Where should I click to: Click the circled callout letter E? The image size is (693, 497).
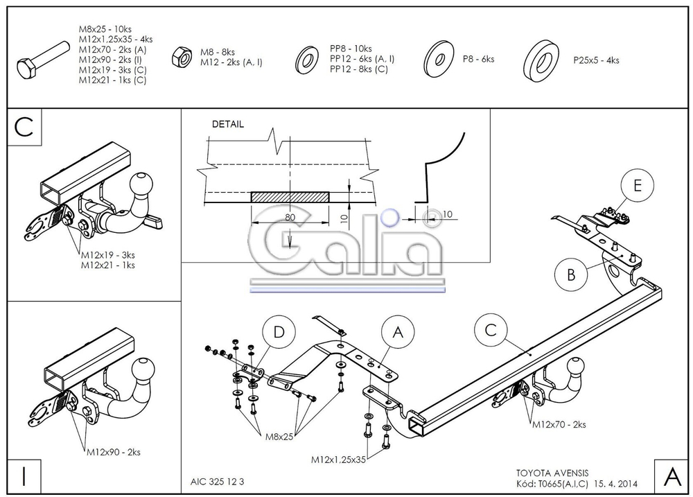[637, 185]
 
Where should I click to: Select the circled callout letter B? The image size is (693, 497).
[571, 274]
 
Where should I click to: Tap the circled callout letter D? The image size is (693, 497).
[279, 332]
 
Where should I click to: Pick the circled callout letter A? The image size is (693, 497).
[398, 332]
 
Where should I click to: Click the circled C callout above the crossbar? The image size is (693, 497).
[491, 331]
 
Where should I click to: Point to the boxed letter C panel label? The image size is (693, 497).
[24, 127]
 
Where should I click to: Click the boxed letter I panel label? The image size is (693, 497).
[24, 476]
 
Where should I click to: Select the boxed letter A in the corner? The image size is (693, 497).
[672, 476]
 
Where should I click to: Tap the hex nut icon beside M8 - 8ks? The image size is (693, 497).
[182, 57]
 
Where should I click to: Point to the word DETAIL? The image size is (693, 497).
[227, 124]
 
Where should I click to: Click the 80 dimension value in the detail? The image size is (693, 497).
[290, 217]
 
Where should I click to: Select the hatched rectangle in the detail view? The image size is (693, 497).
[290, 197]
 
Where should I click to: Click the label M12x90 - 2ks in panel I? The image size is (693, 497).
[114, 452]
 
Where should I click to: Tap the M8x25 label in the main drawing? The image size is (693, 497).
[279, 437]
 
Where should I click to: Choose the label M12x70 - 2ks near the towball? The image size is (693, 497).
[559, 424]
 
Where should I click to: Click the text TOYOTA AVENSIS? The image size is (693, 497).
[552, 473]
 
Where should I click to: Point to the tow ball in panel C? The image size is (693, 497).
[141, 184]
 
